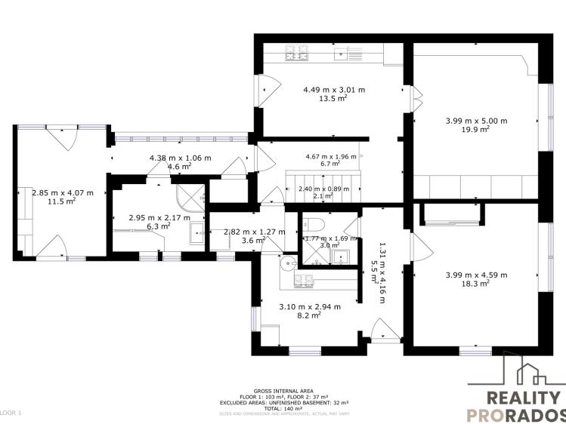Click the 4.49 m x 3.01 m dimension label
tap(333, 89)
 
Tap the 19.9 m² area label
tap(476, 129)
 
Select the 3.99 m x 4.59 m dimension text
tap(476, 275)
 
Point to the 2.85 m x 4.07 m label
tap(63, 192)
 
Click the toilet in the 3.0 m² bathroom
tap(317, 225)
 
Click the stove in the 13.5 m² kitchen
tap(297, 53)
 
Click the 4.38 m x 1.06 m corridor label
tap(180, 158)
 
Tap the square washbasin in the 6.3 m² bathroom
tap(196, 232)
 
